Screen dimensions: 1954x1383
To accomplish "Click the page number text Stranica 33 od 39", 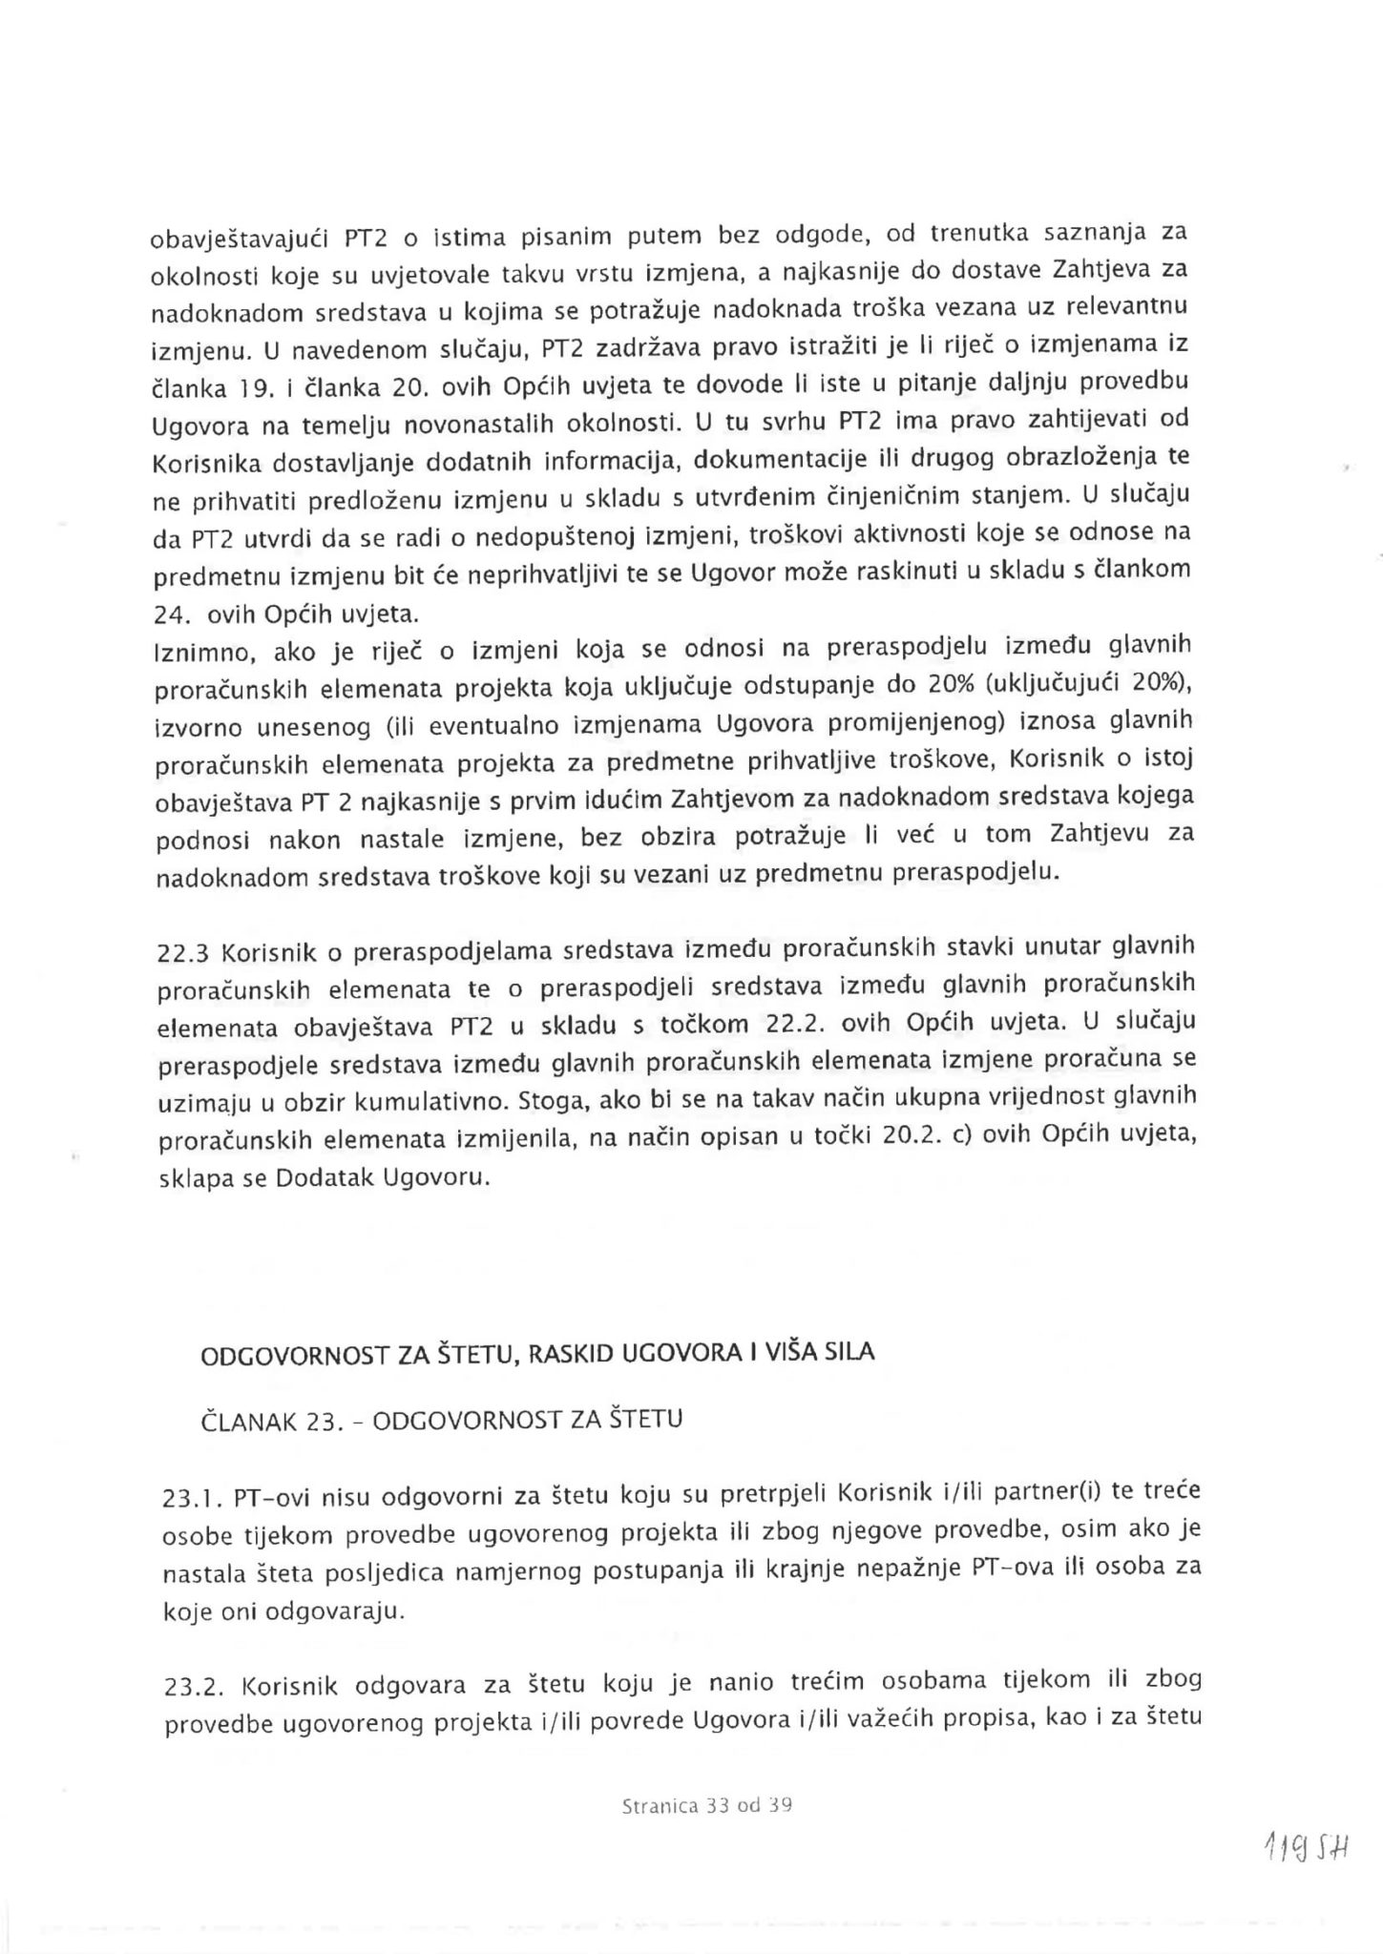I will pyautogui.click(x=706, y=1805).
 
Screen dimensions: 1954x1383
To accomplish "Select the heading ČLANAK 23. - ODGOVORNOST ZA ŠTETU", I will pyautogui.click(x=442, y=1420).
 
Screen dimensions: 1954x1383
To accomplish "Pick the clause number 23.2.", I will pyautogui.click(x=194, y=1687).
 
